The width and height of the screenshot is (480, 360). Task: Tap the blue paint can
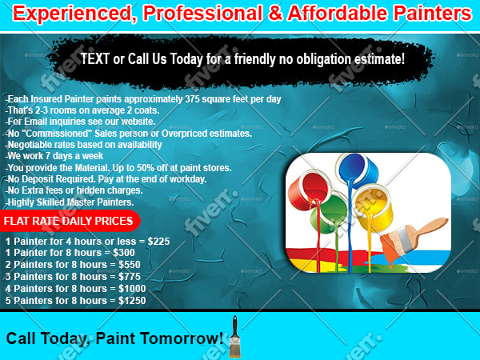pyautogui.click(x=358, y=169)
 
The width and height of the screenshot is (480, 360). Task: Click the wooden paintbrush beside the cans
pyautogui.click(x=414, y=238)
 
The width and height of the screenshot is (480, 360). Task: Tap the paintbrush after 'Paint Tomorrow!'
pyautogui.click(x=234, y=337)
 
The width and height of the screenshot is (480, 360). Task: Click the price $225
pyautogui.click(x=158, y=242)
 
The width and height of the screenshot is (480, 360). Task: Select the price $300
pyautogui.click(x=124, y=253)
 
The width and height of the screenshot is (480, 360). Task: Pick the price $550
pyautogui.click(x=130, y=265)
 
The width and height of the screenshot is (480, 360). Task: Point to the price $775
pyautogui.click(x=130, y=277)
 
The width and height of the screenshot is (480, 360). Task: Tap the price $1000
pyautogui.click(x=132, y=288)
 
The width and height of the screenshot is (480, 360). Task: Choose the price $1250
pyautogui.click(x=132, y=300)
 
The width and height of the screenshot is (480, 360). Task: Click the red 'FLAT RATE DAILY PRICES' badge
pyautogui.click(x=70, y=221)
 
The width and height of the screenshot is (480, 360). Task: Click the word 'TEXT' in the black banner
pyautogui.click(x=95, y=58)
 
